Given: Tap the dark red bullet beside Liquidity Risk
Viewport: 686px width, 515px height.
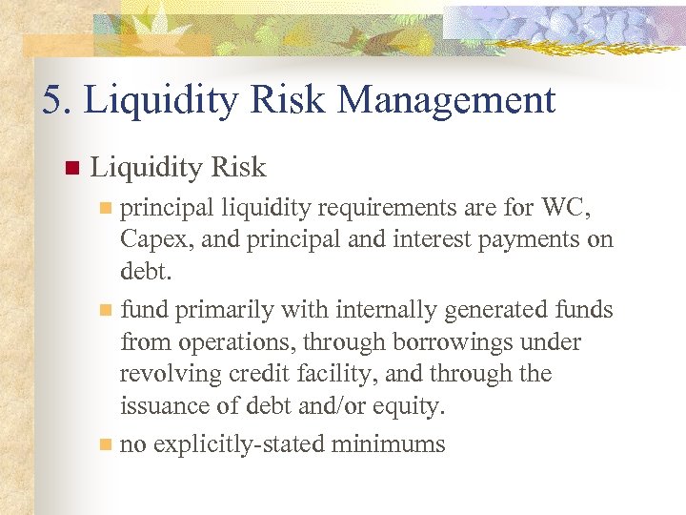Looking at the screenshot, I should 70,170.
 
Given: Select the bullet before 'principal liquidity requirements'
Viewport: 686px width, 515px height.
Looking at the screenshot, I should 107,207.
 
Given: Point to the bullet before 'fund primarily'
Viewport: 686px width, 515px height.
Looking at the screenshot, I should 107,310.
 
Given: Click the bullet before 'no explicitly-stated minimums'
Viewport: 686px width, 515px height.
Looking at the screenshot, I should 107,444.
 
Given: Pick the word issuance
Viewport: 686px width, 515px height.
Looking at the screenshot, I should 166,406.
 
